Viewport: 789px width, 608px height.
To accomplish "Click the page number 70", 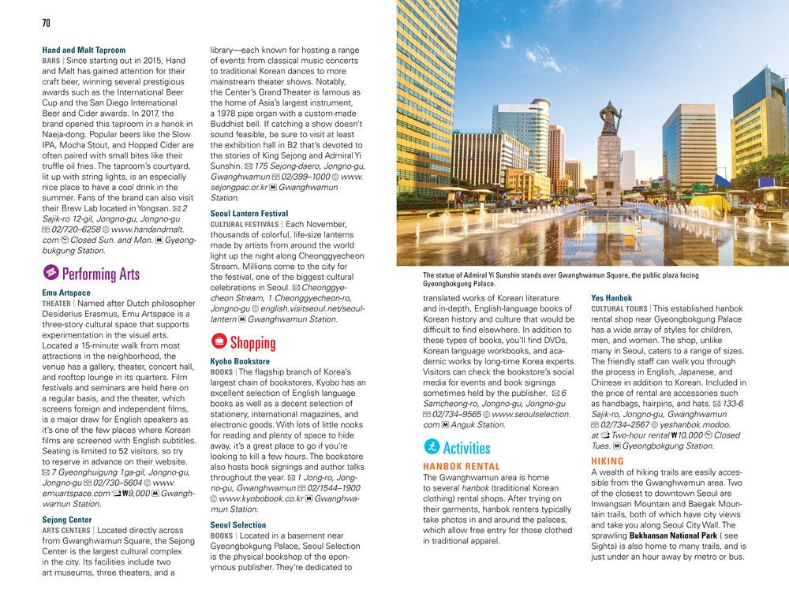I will coord(47,23).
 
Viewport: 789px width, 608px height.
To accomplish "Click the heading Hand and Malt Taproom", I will coord(84,50).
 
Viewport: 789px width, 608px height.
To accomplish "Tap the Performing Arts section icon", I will coord(50,273).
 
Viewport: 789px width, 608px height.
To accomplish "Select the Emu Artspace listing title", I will coord(66,293).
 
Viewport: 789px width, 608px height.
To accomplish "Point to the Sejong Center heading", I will coord(67,520).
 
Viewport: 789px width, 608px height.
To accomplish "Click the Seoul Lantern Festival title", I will coord(249,214).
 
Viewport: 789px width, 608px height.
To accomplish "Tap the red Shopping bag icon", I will coord(219,341).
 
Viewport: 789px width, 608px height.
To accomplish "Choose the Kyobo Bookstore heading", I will coord(241,361).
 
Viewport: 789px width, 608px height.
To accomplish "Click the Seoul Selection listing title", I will coord(238,525).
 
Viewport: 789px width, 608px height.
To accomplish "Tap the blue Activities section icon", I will coord(431,447).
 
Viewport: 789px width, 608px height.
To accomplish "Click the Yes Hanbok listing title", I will coord(611,298).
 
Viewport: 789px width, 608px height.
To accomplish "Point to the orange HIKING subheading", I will coord(608,461).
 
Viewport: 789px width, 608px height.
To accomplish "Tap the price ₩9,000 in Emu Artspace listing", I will coord(129,494).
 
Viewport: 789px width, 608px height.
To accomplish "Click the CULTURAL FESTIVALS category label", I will coord(246,224).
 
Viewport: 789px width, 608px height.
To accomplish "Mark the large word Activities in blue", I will coord(466,448).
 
